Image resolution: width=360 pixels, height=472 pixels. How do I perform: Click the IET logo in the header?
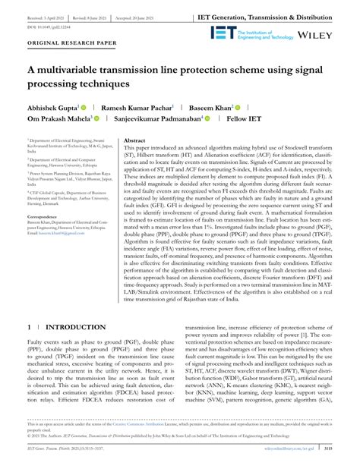point(225,33)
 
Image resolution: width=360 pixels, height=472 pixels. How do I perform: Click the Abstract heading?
point(134,141)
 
